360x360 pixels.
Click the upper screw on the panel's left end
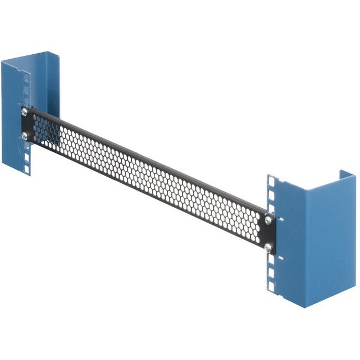tap(24, 111)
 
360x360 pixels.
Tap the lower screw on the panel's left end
tap(24, 135)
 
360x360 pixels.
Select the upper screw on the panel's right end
tap(268, 220)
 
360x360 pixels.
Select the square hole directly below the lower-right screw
tap(270, 272)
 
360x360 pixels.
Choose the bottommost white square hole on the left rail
tap(27, 164)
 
